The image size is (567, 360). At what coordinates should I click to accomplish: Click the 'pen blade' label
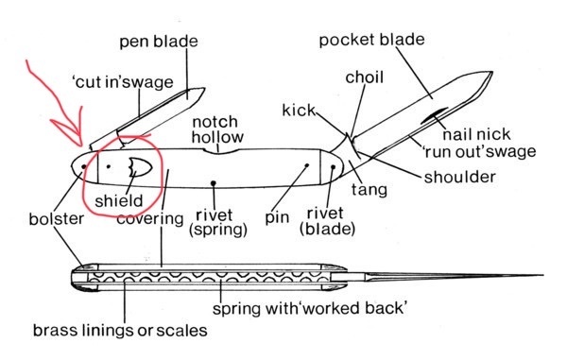pos(159,42)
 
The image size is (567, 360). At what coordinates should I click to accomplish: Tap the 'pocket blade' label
pos(371,40)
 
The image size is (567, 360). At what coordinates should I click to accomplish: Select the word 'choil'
pos(364,77)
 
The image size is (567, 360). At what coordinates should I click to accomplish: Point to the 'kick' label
pos(299,111)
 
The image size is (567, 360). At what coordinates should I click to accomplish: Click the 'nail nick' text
pos(476,134)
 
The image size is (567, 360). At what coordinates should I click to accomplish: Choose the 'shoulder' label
pos(459,177)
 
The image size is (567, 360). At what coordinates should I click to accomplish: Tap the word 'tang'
pos(369,190)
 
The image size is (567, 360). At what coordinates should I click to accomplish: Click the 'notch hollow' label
pos(217,129)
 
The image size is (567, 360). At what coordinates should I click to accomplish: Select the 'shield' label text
pos(119,201)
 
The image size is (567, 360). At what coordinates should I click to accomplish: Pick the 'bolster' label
pos(56,219)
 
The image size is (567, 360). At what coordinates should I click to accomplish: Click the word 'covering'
pos(150,218)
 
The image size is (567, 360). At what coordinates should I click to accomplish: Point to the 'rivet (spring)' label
pos(217,223)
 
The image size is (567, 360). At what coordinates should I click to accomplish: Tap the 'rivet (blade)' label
pos(327,221)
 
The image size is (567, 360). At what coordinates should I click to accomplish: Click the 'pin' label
pos(277,218)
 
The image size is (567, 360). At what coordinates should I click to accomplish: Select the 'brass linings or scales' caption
pos(120,331)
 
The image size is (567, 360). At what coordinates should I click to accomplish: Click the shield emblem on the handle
pos(140,167)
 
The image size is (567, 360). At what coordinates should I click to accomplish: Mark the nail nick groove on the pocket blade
pos(435,115)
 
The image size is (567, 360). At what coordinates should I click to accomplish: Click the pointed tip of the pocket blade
pos(492,73)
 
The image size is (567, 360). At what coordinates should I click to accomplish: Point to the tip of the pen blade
pos(204,88)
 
